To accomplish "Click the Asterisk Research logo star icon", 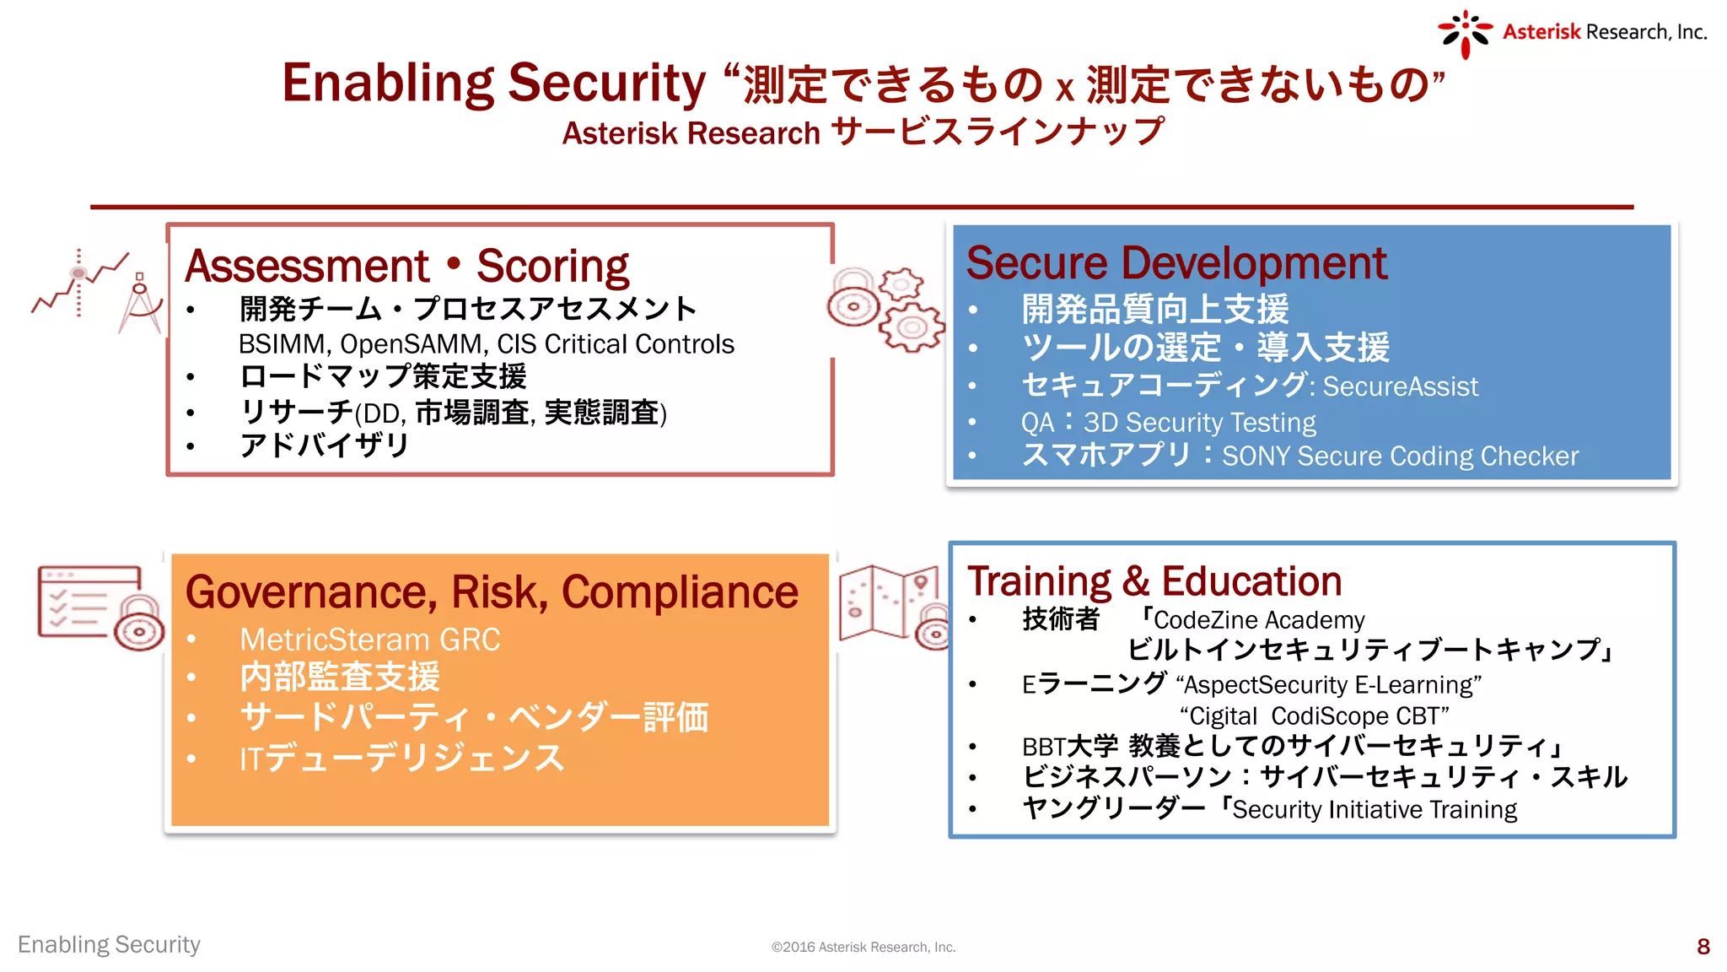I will coord(1465,34).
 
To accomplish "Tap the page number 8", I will coord(1703,946).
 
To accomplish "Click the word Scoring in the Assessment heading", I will coord(552,267).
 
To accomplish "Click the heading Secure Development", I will coord(1176,263).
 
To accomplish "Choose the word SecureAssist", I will coord(1400,386).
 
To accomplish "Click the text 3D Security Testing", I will coord(1199,422).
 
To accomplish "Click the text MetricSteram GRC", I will coord(369,640).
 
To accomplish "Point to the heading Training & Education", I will coord(1154,581).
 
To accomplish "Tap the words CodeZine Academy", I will coord(1258,620).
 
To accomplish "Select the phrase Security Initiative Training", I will coord(1374,810).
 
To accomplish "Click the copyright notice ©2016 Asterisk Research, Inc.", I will coord(863,948).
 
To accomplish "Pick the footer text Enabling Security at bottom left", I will coord(109,945).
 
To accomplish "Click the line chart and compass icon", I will coord(97,292).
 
